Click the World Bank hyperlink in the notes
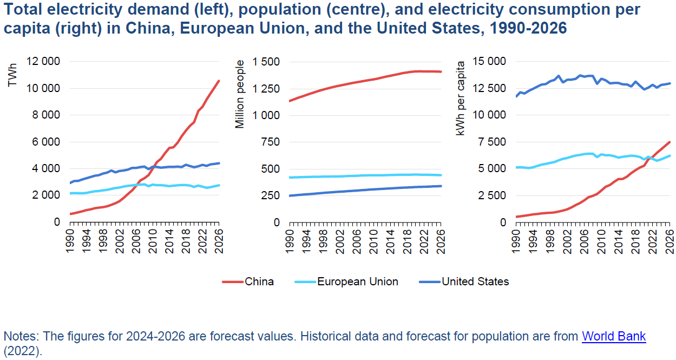coord(613,336)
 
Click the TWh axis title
coord(14,76)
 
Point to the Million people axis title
coord(240,94)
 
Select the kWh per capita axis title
coord(461,98)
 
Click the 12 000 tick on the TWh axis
coord(43,62)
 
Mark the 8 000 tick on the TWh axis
coord(45,115)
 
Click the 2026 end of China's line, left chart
coord(219,81)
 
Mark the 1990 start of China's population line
coord(290,101)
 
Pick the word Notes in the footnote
coord(17,336)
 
